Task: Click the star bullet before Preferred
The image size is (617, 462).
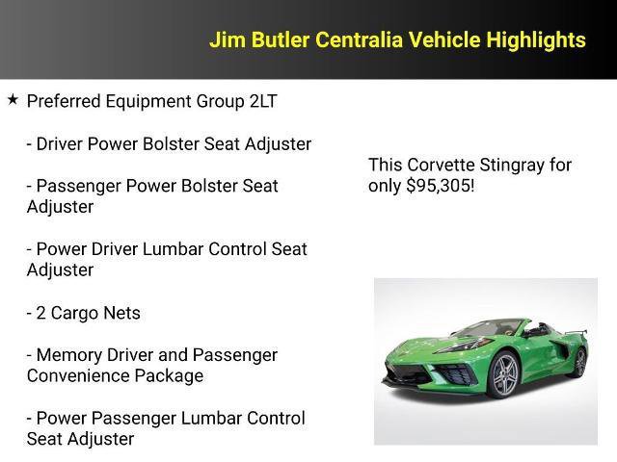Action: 13,99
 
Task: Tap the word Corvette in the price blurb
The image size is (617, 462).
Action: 439,165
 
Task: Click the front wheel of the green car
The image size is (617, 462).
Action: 503,375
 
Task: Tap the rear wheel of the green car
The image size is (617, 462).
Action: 580,360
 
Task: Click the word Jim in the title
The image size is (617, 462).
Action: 228,40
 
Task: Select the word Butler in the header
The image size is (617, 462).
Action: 280,40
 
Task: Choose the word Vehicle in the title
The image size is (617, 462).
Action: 444,40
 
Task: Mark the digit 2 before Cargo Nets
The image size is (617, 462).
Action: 40,313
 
